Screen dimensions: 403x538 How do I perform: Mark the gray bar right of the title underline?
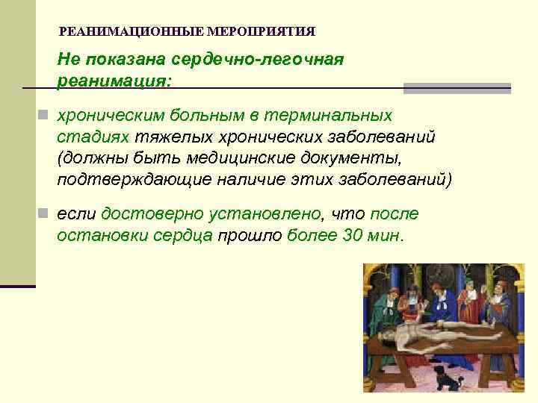pos(457,88)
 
